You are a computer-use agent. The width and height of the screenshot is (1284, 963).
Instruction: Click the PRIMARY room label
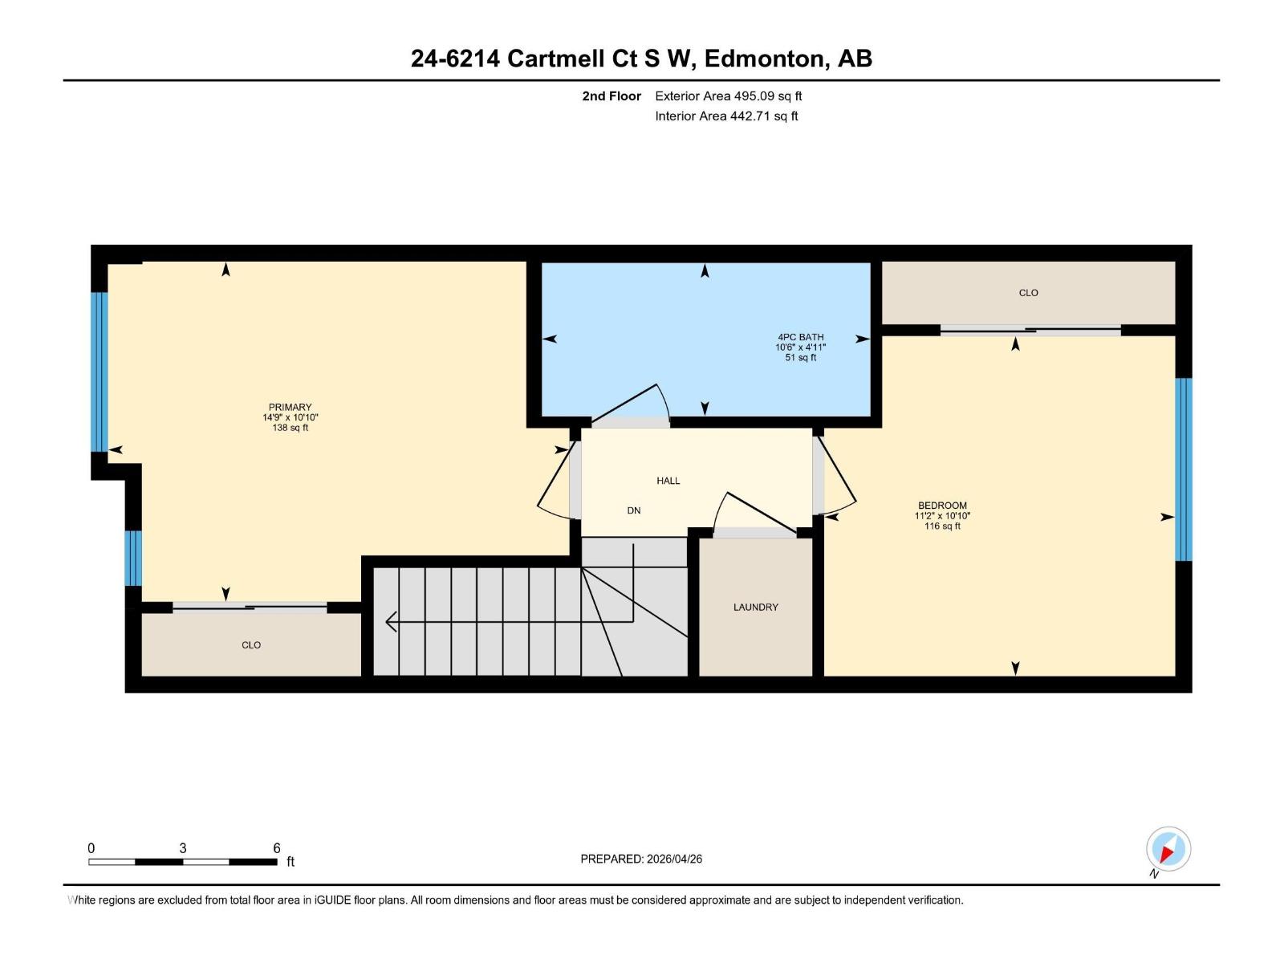[290, 407]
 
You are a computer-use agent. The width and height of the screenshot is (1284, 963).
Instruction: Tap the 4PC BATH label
[800, 337]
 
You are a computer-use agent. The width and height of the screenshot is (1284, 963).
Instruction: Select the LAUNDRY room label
[755, 607]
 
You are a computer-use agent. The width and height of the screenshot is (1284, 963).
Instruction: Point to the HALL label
[668, 481]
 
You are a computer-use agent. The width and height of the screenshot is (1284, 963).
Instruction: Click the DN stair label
[633, 510]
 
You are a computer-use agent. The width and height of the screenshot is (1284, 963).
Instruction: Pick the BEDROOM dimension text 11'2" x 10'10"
[942, 516]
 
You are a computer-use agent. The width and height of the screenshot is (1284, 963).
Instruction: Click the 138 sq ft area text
[290, 428]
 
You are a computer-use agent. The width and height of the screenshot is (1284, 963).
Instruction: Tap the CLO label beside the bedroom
[1028, 293]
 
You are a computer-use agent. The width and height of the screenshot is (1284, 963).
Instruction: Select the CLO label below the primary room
[251, 645]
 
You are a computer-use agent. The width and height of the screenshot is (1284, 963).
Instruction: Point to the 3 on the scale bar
[183, 848]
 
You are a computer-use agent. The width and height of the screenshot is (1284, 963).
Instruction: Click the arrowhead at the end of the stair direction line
[392, 621]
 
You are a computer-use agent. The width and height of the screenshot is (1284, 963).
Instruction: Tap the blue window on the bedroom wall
[1183, 469]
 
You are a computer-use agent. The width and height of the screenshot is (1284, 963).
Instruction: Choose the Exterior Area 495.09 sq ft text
[728, 96]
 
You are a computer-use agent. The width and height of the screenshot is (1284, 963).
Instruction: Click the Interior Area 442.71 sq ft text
[726, 116]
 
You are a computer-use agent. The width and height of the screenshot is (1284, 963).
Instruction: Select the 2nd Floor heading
[612, 96]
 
